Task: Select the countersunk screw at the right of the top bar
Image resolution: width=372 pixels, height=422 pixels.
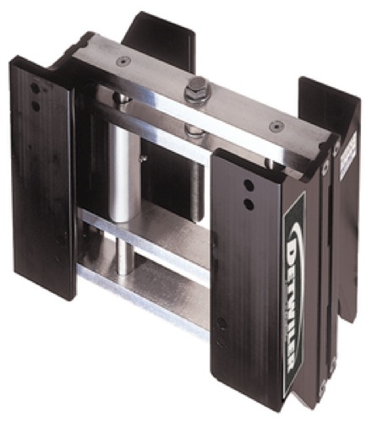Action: pyautogui.click(x=273, y=127)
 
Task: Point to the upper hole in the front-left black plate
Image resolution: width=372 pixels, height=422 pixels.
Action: pyautogui.click(x=33, y=87)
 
